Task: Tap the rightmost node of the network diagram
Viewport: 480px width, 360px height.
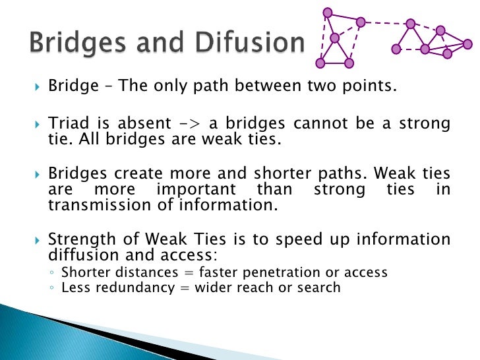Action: click(467, 44)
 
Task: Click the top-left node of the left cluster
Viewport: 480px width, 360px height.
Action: click(327, 13)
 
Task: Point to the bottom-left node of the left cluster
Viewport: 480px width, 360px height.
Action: click(320, 63)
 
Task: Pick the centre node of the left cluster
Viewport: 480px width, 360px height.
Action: click(335, 37)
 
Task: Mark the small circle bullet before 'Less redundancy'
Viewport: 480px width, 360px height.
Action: click(52, 288)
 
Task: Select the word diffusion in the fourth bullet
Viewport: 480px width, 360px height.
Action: click(78, 255)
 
